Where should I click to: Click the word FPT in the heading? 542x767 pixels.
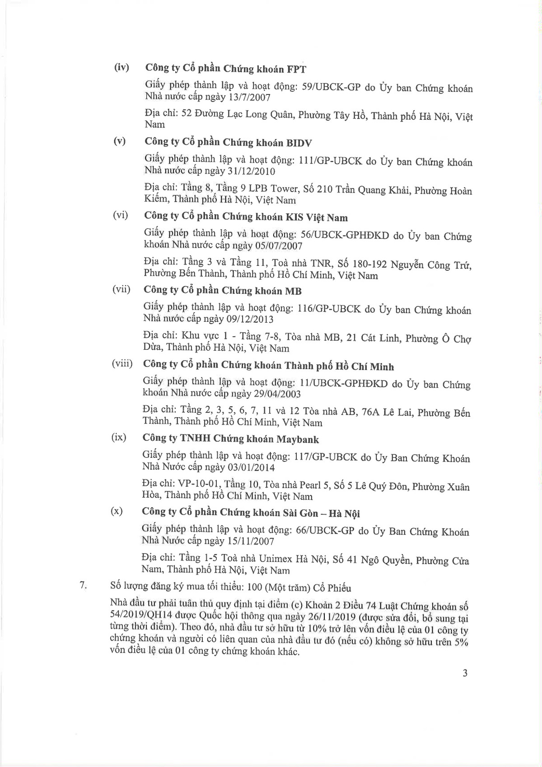(x=296, y=69)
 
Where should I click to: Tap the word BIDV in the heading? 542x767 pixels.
(x=299, y=143)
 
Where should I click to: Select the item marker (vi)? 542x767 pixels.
(x=120, y=216)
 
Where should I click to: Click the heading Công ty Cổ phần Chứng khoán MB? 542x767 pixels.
(x=223, y=291)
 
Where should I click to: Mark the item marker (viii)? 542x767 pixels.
(x=122, y=364)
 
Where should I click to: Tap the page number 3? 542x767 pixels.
(x=465, y=673)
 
